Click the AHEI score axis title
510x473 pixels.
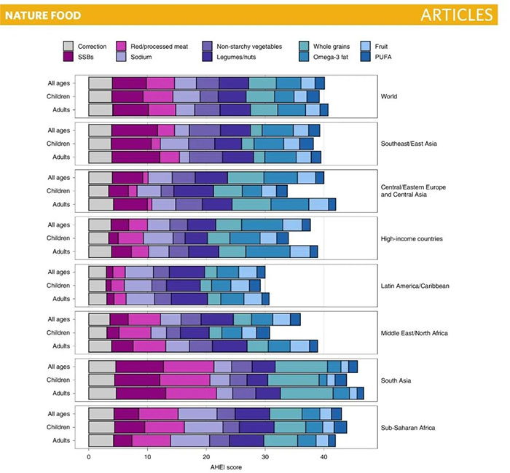tap(206, 467)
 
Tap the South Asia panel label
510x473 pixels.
tap(397, 380)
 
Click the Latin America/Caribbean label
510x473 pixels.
tap(415, 286)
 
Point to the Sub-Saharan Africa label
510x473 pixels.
tap(408, 427)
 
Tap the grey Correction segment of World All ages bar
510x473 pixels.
tap(101, 83)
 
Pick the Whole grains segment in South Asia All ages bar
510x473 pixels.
tap(301, 367)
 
